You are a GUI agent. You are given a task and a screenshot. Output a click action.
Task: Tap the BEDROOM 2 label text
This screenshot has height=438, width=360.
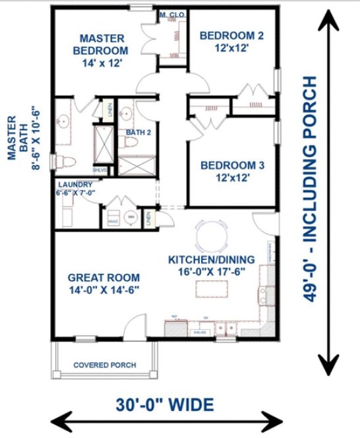click(x=231, y=41)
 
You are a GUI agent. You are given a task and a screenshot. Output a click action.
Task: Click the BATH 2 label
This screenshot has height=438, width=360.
click(x=139, y=132)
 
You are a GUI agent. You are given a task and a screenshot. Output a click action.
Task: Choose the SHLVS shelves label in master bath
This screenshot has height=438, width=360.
click(x=100, y=169)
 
